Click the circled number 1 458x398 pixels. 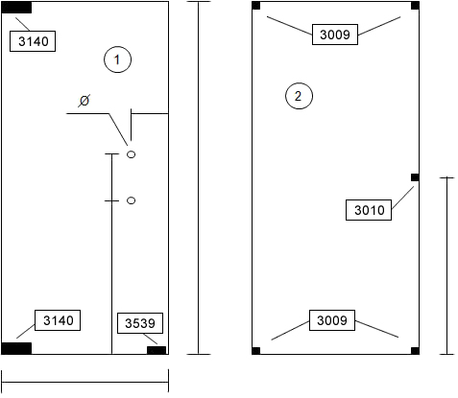(x=117, y=59)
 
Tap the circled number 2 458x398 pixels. (x=299, y=96)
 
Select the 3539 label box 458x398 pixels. (x=140, y=323)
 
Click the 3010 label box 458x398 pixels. (x=369, y=210)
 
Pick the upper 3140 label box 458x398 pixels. (x=33, y=41)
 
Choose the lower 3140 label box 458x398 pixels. (x=58, y=320)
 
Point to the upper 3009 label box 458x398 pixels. (x=335, y=35)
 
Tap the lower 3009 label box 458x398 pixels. (x=332, y=320)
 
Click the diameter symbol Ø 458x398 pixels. (x=84, y=101)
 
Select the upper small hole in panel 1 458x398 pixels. (x=132, y=154)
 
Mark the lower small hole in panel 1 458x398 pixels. (x=132, y=200)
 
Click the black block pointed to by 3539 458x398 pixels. (x=157, y=350)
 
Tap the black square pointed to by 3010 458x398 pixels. (x=415, y=177)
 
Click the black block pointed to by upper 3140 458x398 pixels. (x=16, y=8)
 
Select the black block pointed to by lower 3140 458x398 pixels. (x=16, y=348)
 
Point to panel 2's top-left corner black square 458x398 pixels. (x=256, y=6)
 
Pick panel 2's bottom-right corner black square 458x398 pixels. (x=415, y=351)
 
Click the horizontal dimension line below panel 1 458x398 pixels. (x=85, y=382)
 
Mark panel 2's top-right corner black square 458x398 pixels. (x=415, y=6)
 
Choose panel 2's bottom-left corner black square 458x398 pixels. (x=256, y=351)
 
